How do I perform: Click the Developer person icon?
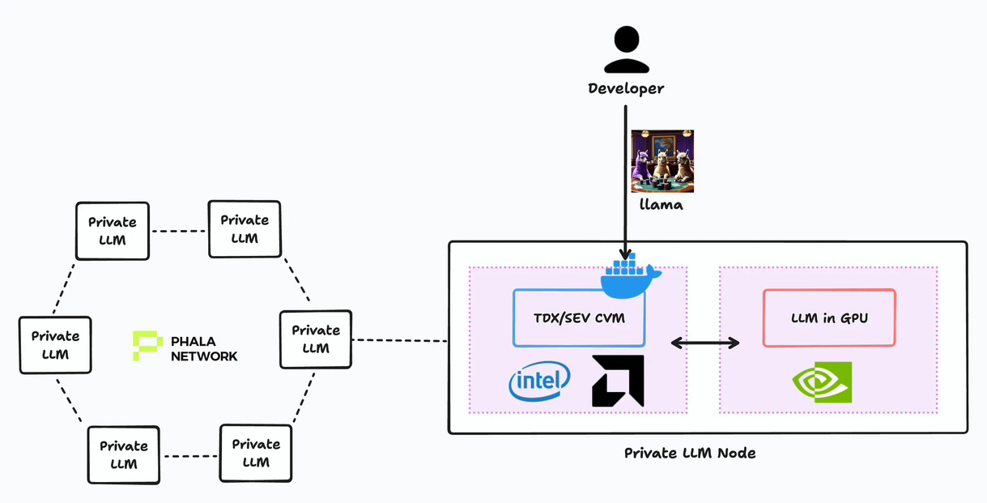[x=626, y=50]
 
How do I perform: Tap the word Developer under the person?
[x=626, y=88]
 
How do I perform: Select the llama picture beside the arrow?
[x=662, y=161]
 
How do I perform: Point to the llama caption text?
[x=661, y=205]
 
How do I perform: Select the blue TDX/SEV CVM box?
[x=580, y=318]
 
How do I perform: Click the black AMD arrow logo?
[x=618, y=381]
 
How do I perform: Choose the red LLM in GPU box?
[x=829, y=318]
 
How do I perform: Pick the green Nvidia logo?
[x=822, y=382]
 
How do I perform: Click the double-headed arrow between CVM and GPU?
[x=704, y=343]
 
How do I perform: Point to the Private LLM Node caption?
[x=690, y=453]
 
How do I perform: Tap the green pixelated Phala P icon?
[x=147, y=345]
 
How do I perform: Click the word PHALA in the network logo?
[x=194, y=341]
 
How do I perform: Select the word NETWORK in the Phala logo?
[x=204, y=356]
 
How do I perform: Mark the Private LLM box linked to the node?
[x=315, y=339]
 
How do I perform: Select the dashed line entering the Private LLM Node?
[x=400, y=340]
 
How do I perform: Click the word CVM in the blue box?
[x=610, y=318]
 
